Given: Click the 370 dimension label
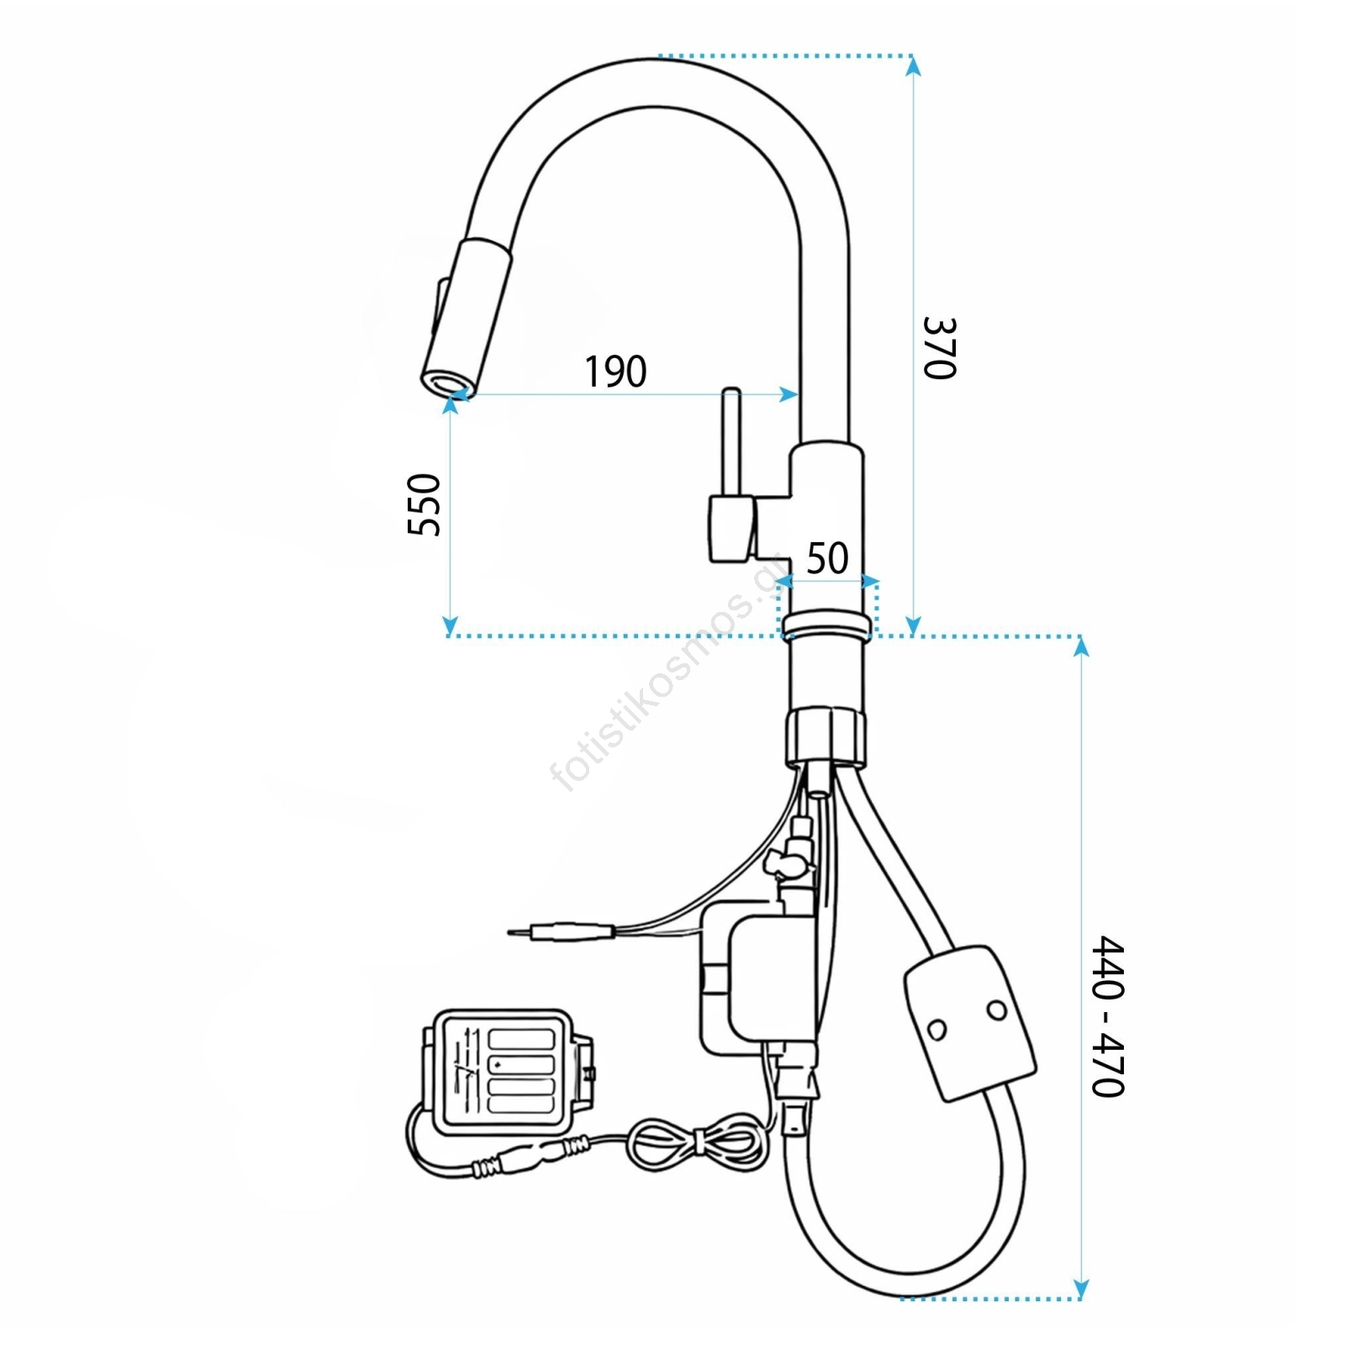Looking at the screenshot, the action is click(940, 348).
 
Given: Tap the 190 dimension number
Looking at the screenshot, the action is click(616, 372).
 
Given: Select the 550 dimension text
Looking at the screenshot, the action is click(425, 504).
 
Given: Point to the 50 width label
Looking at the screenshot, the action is click(828, 558).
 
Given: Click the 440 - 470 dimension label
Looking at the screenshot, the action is click(1108, 1016).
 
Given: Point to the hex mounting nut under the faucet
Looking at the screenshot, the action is click(825, 736).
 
